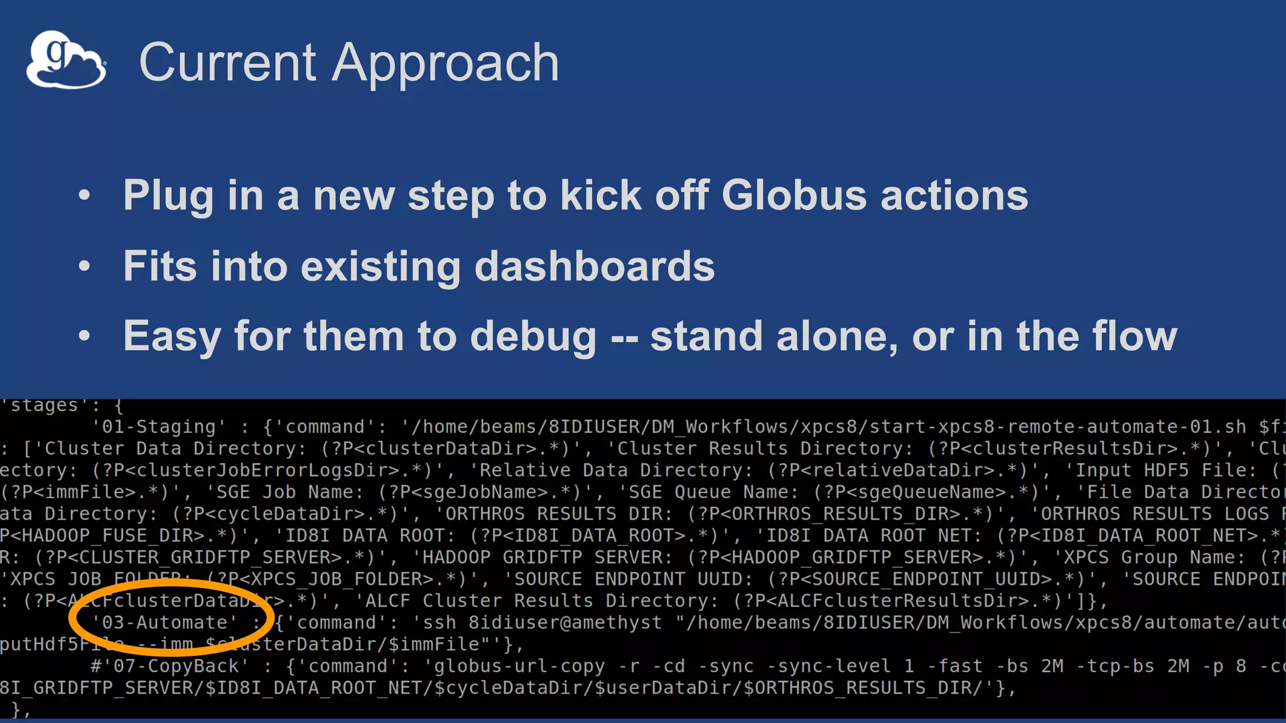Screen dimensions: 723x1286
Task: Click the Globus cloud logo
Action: pyautogui.click(x=66, y=60)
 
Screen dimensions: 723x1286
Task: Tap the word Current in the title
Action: pyautogui.click(x=227, y=63)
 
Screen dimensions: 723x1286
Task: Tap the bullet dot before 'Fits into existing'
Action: pyautogui.click(x=84, y=266)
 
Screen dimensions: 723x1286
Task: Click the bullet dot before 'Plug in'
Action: pyautogui.click(x=84, y=195)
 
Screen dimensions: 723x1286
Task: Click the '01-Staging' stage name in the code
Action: pyautogui.click(x=158, y=427)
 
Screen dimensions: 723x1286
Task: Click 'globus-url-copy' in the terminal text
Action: pyautogui.click(x=520, y=666)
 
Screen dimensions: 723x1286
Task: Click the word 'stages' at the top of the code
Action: pyautogui.click(x=44, y=405)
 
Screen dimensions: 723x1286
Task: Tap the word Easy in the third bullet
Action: pyautogui.click(x=171, y=337)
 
